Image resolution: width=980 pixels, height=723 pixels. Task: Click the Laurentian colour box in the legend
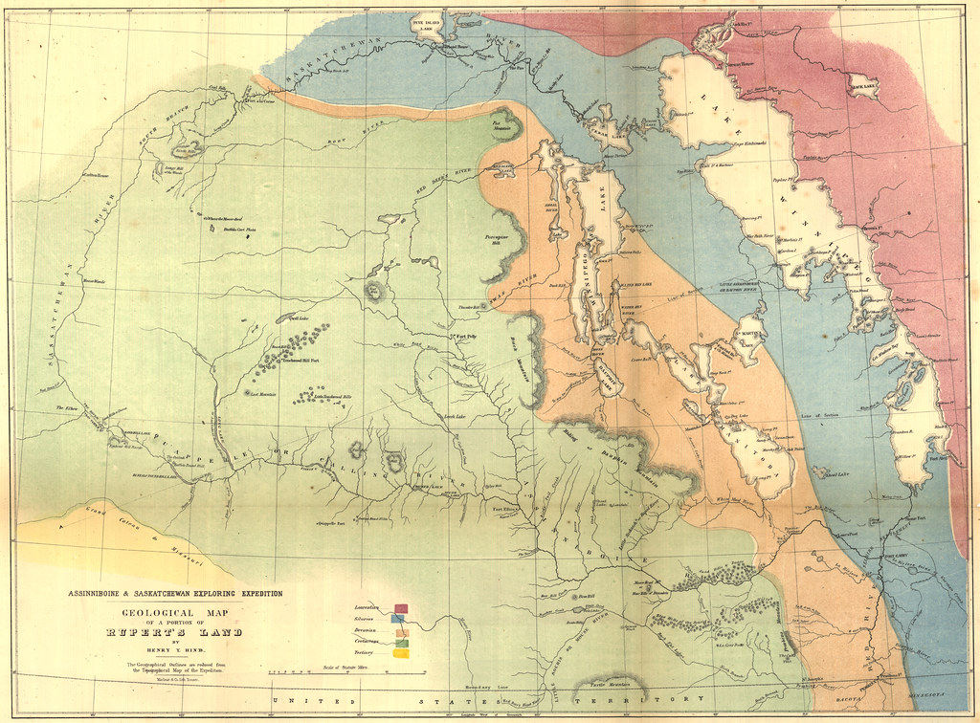tap(401, 607)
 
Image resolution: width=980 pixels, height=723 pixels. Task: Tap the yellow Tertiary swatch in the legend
tap(401, 654)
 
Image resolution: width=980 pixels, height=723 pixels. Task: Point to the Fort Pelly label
tap(465, 336)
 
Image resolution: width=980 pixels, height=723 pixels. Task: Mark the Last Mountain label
tap(262, 393)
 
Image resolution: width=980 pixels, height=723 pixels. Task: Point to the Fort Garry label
tap(895, 555)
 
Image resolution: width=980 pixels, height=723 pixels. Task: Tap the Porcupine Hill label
tap(505, 234)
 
